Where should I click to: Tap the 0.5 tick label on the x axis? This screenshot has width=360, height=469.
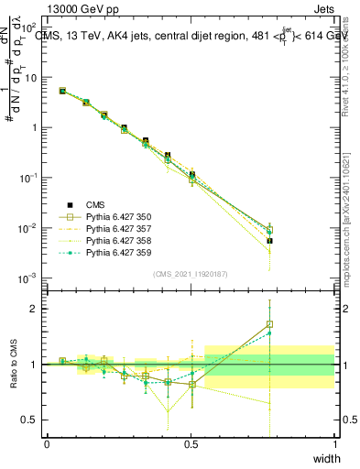191,444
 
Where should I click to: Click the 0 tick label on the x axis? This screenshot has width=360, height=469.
47,444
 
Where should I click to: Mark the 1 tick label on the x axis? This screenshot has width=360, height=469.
334,444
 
